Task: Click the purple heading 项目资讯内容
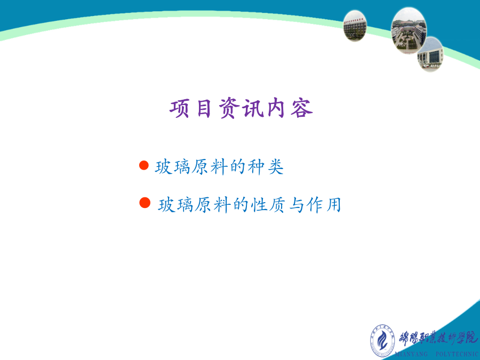(x=241, y=108)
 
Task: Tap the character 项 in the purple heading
(x=179, y=108)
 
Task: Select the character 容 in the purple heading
(x=302, y=108)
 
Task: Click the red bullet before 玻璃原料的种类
(x=144, y=165)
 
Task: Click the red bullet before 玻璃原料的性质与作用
(x=145, y=203)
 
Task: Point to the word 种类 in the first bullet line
(x=266, y=167)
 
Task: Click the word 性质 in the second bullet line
(x=268, y=205)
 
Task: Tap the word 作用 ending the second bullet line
(x=324, y=205)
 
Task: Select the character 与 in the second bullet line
(x=296, y=205)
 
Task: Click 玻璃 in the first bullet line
(x=173, y=167)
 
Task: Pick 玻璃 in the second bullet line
(x=175, y=205)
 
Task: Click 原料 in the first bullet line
(x=210, y=167)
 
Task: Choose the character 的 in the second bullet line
(x=241, y=205)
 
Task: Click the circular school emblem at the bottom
(x=382, y=340)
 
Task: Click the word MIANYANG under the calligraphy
(x=411, y=354)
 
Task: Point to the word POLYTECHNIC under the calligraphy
(x=458, y=354)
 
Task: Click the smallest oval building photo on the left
(x=355, y=26)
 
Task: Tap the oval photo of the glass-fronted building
(x=430, y=54)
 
